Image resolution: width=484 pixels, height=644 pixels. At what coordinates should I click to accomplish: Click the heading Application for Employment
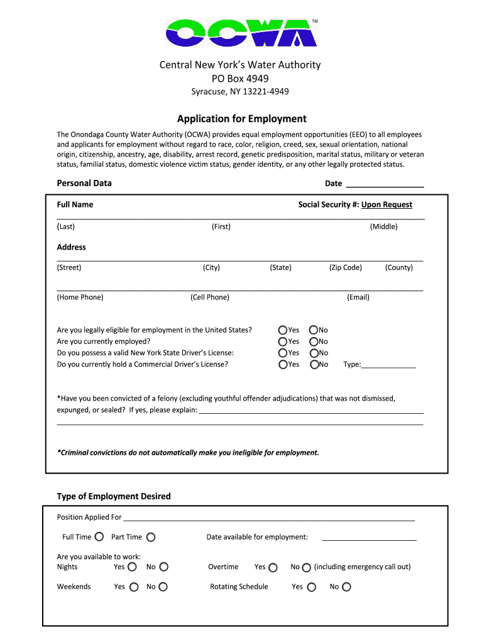pos(242,119)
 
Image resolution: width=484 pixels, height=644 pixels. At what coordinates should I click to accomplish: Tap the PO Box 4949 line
pos(242,79)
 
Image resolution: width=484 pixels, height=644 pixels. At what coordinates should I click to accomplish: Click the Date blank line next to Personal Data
pos(385,184)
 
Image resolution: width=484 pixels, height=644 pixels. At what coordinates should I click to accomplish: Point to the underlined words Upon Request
pos(387,204)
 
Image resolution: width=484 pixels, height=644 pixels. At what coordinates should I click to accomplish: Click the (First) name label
pos(221,226)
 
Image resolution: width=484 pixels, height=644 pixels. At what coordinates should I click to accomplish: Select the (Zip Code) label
pos(345,267)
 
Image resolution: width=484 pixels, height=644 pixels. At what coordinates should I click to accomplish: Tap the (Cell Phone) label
pos(209,297)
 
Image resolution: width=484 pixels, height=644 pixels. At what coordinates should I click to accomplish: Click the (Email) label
pos(358,297)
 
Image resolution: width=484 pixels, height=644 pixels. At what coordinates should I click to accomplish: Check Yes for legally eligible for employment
pos(283,330)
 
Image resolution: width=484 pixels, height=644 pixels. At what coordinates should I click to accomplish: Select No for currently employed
pos(314,341)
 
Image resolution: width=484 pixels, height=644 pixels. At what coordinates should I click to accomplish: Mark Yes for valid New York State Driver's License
pos(283,353)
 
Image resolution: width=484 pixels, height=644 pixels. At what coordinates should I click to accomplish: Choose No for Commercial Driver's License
pos(314,364)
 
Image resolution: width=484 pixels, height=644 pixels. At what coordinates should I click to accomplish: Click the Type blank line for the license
pos(388,364)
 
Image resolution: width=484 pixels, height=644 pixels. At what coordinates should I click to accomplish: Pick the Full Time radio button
pos(99,537)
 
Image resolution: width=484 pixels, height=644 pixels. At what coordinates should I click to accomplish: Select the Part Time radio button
pos(151,537)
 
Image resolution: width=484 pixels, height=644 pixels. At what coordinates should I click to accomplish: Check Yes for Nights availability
pos(132,567)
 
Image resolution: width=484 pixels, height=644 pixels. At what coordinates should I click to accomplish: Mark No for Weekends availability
pos(163,587)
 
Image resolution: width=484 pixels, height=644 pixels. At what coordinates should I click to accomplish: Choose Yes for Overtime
pos(273,567)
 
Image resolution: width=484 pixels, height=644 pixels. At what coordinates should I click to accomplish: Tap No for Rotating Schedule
pos(346,587)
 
